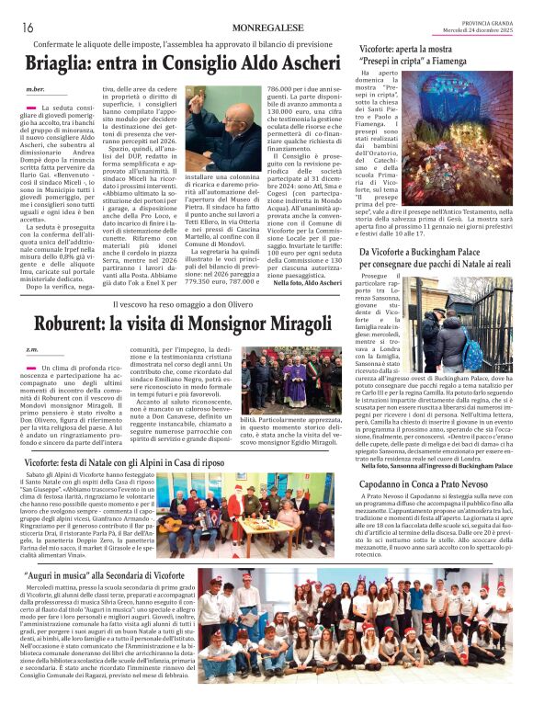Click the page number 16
click(27, 28)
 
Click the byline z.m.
click(32, 350)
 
